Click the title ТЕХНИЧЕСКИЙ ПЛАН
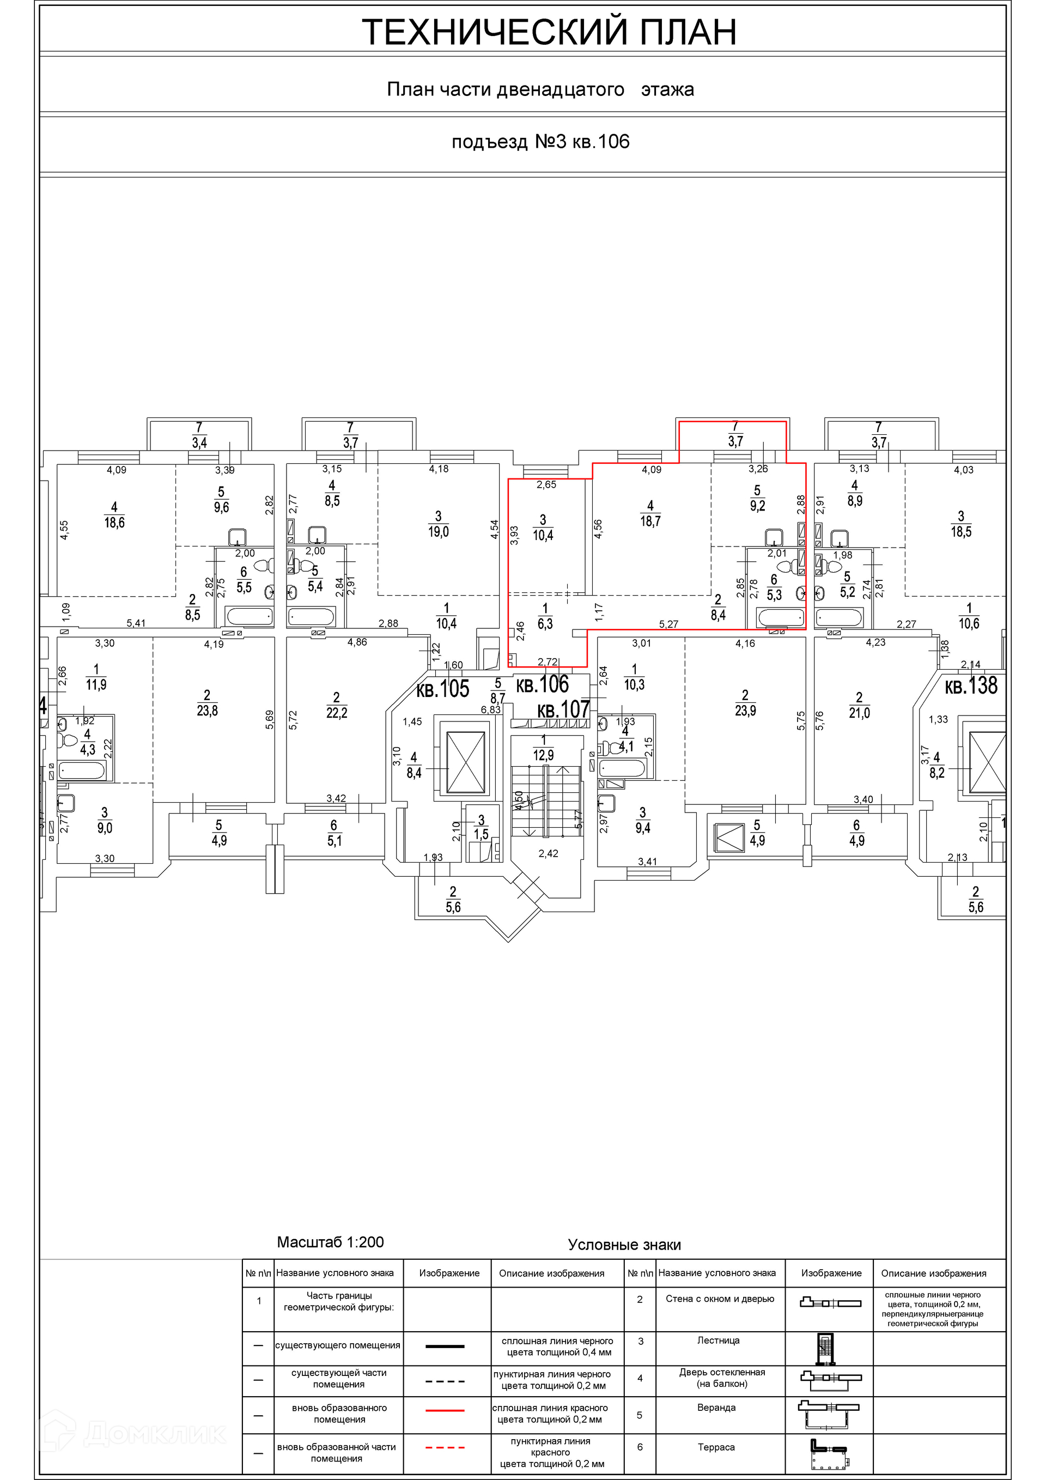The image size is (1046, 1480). coord(549,32)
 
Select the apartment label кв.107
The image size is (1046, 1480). coord(563,709)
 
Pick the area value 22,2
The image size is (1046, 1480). coord(337,712)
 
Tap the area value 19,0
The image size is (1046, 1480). coord(438,532)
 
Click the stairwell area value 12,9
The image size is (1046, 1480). coord(543,755)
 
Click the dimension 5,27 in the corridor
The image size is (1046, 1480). coord(669,624)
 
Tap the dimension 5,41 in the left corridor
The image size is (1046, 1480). coord(136,623)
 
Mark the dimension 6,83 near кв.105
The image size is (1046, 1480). coord(491,709)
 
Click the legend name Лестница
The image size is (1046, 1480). coord(718,1339)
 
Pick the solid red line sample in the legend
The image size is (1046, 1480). coord(445,1410)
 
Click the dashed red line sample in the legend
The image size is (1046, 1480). coord(445,1448)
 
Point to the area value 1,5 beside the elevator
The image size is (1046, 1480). coord(481,834)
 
